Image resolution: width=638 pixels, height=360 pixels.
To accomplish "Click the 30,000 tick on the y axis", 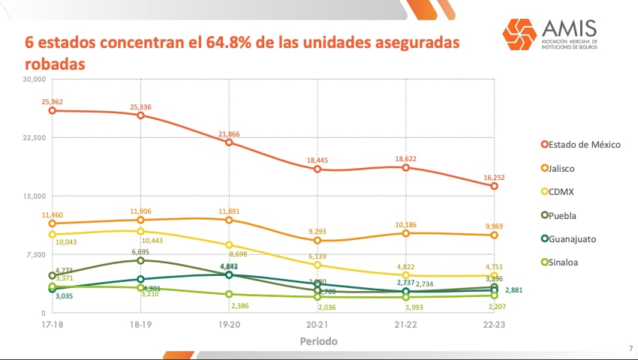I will [x=35, y=79].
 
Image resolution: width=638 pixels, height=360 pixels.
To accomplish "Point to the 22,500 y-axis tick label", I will [x=35, y=138].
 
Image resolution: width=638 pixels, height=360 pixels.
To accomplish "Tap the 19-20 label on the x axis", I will [x=229, y=325].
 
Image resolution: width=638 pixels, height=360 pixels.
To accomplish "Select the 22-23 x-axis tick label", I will [x=495, y=325].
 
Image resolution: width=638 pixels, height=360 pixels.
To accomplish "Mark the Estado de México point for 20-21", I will [x=317, y=169].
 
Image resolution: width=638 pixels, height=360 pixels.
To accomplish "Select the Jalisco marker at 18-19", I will [x=140, y=220].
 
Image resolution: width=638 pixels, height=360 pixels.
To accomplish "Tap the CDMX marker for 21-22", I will [x=406, y=275].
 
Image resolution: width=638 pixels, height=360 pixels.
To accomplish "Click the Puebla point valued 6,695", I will [x=140, y=260].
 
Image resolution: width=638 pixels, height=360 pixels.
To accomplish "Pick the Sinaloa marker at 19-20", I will [x=229, y=294].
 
